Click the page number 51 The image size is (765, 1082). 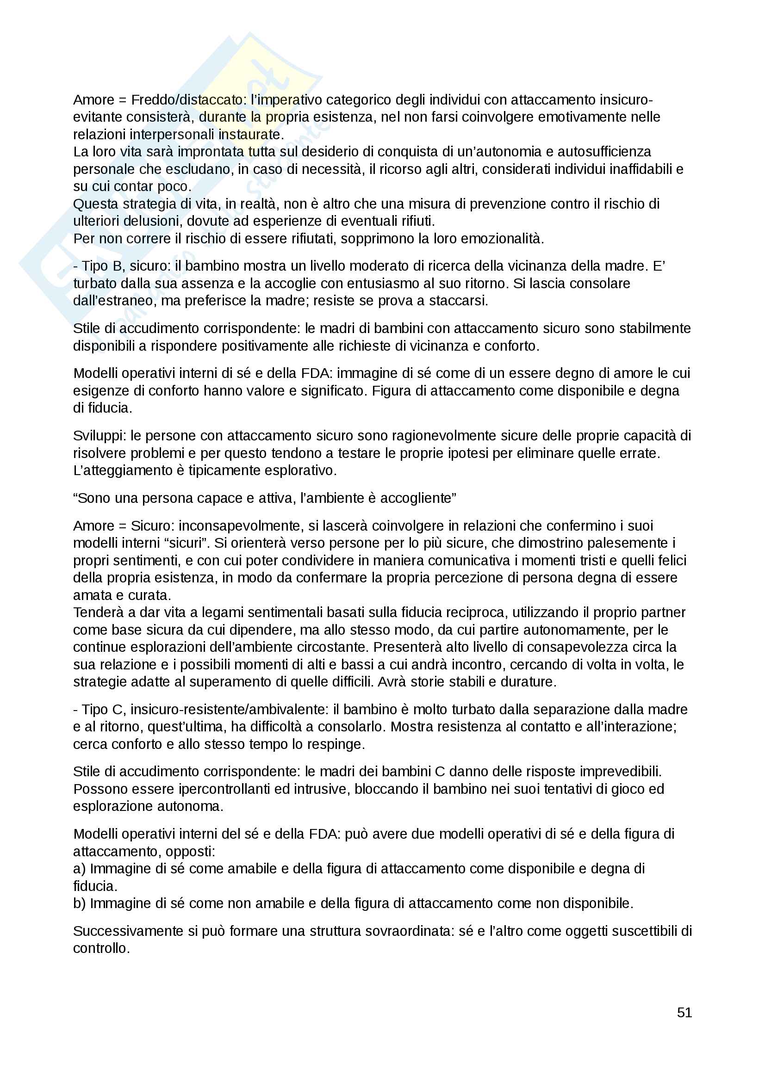[x=684, y=1012]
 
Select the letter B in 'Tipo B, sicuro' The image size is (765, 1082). [x=117, y=266]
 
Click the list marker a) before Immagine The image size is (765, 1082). [x=79, y=869]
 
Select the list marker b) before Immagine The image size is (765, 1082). [x=79, y=903]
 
